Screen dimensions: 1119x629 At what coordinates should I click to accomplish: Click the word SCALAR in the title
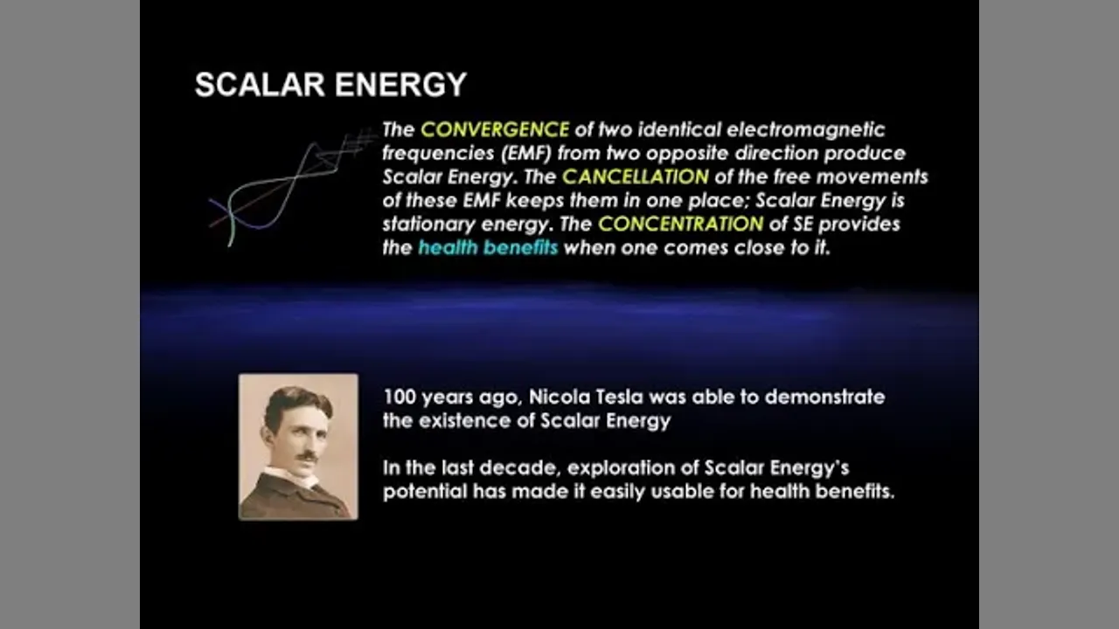pyautogui.click(x=260, y=85)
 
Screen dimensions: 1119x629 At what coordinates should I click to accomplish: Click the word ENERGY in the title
pyautogui.click(x=400, y=85)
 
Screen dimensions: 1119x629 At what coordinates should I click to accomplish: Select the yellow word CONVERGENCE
pyautogui.click(x=495, y=130)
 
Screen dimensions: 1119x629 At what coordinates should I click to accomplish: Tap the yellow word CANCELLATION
pyautogui.click(x=636, y=176)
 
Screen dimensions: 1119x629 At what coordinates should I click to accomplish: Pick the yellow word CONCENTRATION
pyautogui.click(x=681, y=225)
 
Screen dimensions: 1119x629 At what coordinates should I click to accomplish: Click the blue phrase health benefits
pyautogui.click(x=488, y=247)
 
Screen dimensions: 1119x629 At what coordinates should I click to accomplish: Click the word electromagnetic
pyautogui.click(x=806, y=130)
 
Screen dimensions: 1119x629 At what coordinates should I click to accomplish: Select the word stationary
pyautogui.click(x=428, y=225)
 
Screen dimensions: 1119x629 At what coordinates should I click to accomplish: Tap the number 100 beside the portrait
pyautogui.click(x=400, y=397)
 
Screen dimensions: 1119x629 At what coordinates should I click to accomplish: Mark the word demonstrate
pyautogui.click(x=824, y=397)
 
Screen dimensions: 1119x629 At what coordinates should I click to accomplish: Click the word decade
pyautogui.click(x=518, y=468)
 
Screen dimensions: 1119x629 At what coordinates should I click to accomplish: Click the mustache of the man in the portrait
pyautogui.click(x=307, y=456)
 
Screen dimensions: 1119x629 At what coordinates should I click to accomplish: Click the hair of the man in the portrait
pyautogui.click(x=295, y=403)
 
